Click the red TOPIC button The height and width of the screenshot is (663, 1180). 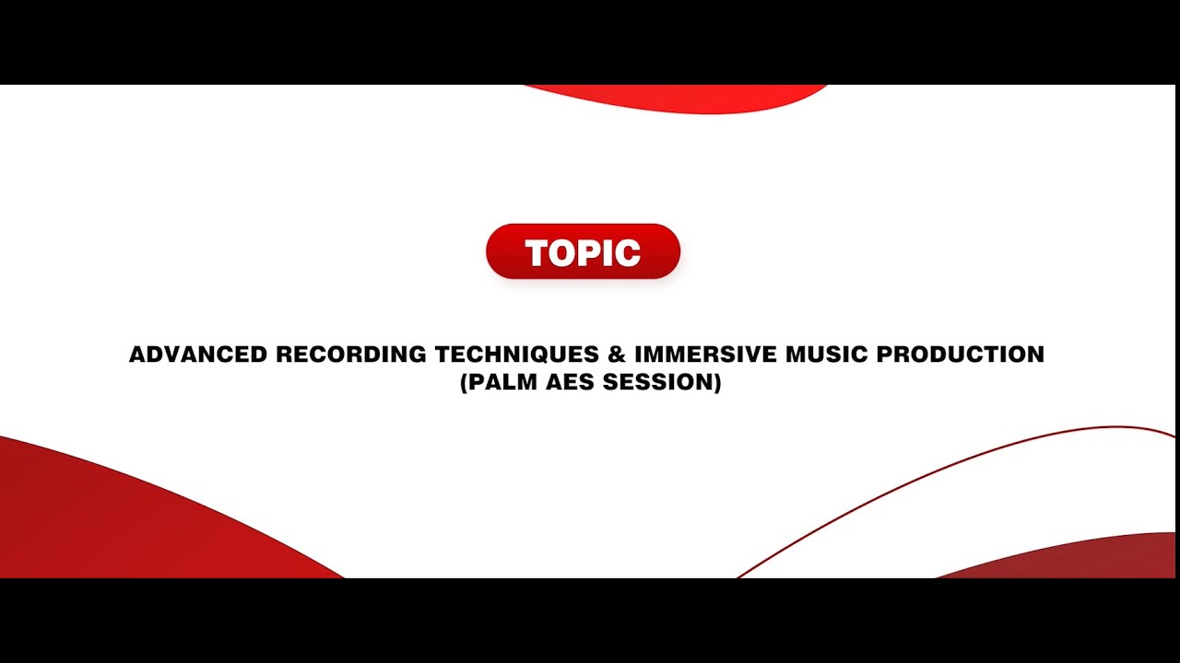(583, 251)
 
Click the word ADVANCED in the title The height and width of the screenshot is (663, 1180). (198, 355)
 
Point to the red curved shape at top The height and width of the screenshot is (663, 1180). (682, 98)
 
